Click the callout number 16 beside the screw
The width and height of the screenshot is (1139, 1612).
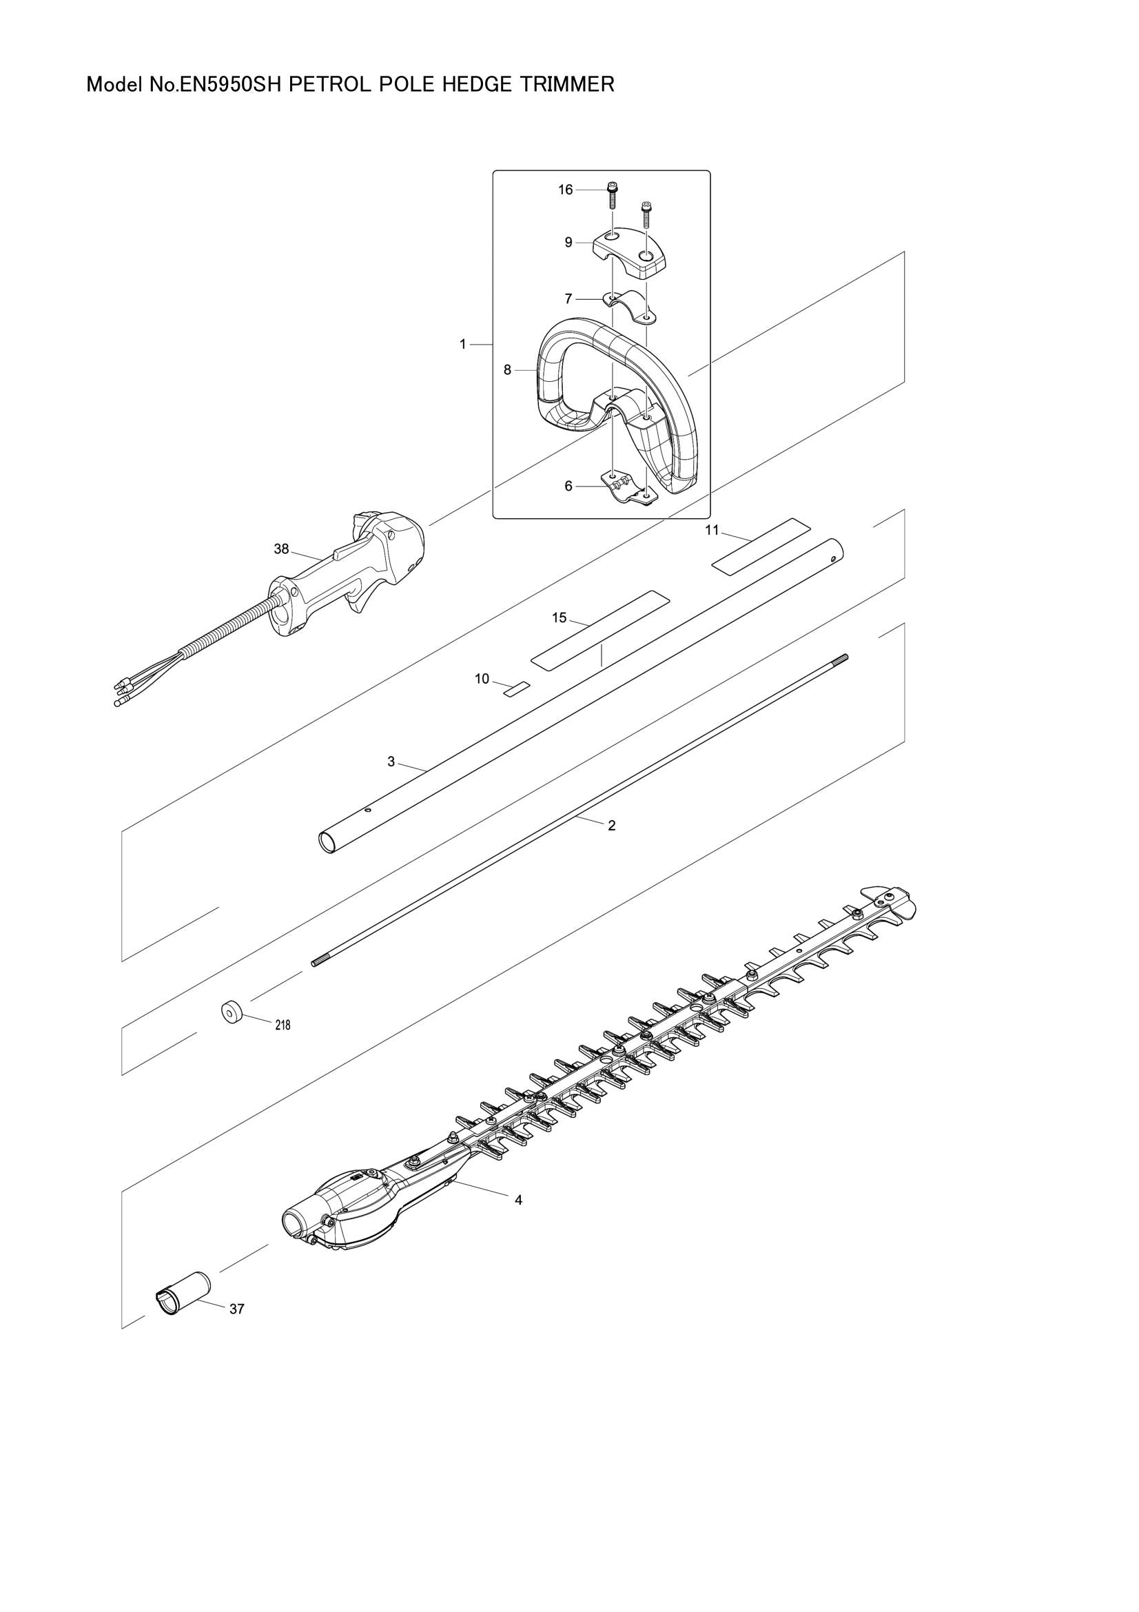[565, 190]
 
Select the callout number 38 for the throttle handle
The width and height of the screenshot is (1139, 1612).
[280, 549]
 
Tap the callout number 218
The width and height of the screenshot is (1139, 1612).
[282, 1025]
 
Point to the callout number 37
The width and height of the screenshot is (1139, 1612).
[237, 1309]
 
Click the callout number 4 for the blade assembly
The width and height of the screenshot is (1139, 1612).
[519, 1200]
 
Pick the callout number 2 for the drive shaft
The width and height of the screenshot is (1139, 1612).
[611, 826]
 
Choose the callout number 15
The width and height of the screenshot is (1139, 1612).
[559, 618]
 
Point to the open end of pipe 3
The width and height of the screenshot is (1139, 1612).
[328, 841]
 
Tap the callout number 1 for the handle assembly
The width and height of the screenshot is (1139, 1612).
[462, 344]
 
